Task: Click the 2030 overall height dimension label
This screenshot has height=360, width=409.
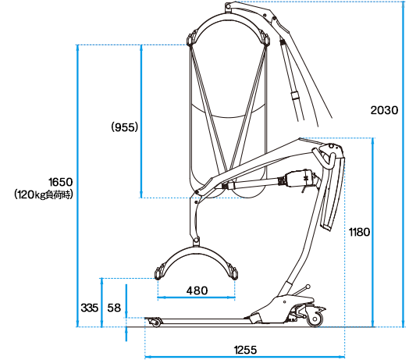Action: pyautogui.click(x=384, y=110)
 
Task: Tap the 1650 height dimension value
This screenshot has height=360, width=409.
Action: pyautogui.click(x=61, y=182)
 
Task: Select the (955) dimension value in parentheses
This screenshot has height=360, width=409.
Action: pyautogui.click(x=124, y=127)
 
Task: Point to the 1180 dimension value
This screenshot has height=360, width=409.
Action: pyautogui.click(x=360, y=232)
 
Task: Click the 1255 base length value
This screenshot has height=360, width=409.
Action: pyautogui.click(x=245, y=350)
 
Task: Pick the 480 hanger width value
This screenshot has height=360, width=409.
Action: pyautogui.click(x=197, y=290)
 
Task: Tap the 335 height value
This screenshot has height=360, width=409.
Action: pyautogui.click(x=90, y=308)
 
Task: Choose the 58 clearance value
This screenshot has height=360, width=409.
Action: pyautogui.click(x=114, y=308)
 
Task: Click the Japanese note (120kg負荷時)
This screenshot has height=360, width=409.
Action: pyautogui.click(x=44, y=194)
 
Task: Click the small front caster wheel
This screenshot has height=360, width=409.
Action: pyautogui.click(x=156, y=323)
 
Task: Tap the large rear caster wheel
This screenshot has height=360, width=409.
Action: pyautogui.click(x=315, y=319)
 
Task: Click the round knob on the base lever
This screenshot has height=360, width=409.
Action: pyautogui.click(x=308, y=287)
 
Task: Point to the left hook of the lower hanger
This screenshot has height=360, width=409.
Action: pyautogui.click(x=159, y=273)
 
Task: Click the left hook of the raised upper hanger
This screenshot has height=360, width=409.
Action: pyautogui.click(x=192, y=38)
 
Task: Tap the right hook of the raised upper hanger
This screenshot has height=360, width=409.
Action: pyautogui.click(x=265, y=37)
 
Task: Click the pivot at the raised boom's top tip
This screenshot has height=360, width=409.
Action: pyautogui.click(x=228, y=5)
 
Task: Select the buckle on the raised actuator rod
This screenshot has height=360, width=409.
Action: pyautogui.click(x=295, y=95)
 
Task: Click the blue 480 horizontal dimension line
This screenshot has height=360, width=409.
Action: pyautogui.click(x=197, y=297)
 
